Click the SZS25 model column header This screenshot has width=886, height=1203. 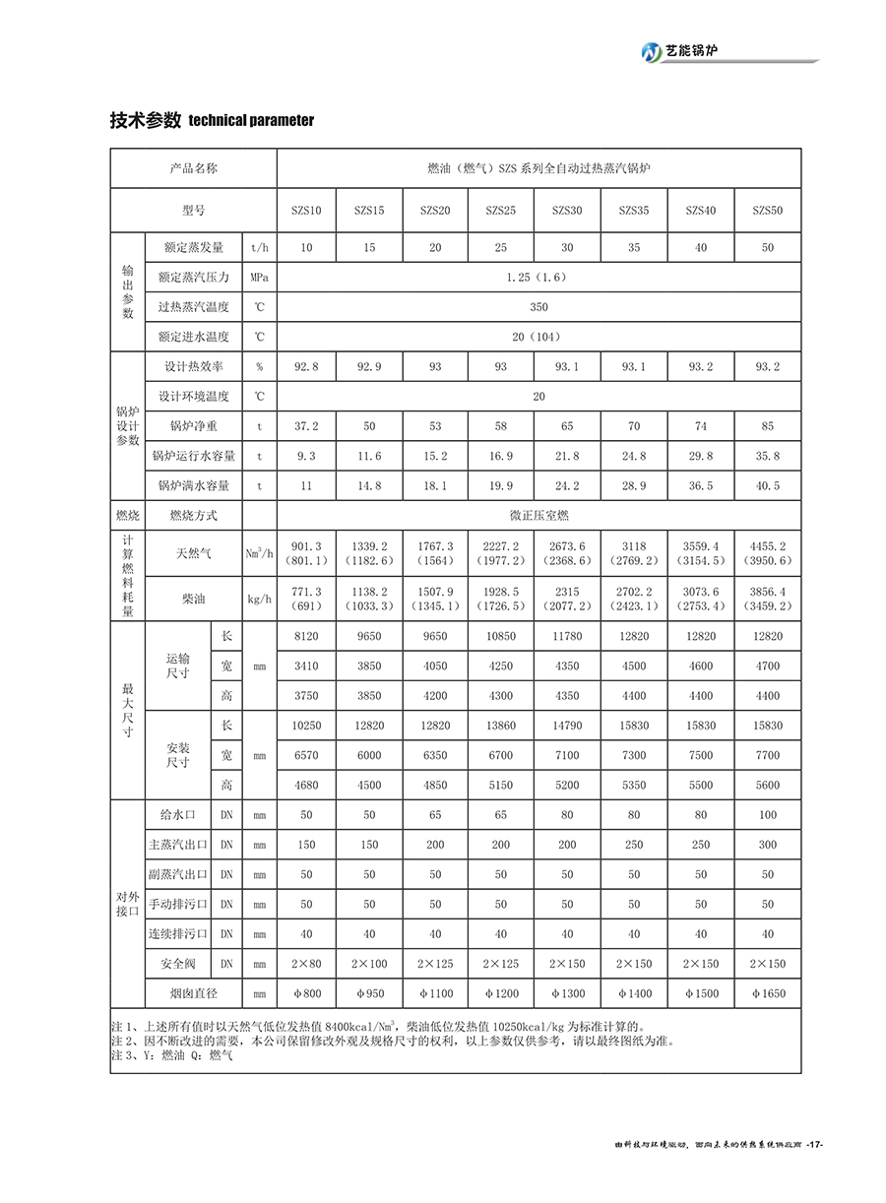[x=500, y=211]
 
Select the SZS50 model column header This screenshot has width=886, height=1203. [x=767, y=211]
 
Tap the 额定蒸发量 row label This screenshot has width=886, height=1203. [x=193, y=247]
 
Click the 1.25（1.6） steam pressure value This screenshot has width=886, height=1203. [x=538, y=278]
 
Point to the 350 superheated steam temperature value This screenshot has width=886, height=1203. [x=538, y=307]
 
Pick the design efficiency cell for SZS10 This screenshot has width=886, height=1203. [x=306, y=366]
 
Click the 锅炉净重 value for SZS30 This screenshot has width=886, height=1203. [x=567, y=426]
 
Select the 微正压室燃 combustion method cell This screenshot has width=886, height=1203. [x=538, y=515]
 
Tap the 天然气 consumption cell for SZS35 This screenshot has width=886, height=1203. [x=634, y=553]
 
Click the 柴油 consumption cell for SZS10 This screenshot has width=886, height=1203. [x=306, y=599]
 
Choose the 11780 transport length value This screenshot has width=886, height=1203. [x=567, y=636]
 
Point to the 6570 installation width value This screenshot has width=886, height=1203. [x=306, y=755]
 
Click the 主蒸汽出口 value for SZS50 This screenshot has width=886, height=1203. [x=767, y=845]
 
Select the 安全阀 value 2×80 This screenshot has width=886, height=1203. [x=306, y=964]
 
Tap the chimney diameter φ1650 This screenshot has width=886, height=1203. [x=767, y=993]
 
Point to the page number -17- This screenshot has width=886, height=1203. [x=812, y=1145]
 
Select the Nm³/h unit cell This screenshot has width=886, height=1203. [x=259, y=553]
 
